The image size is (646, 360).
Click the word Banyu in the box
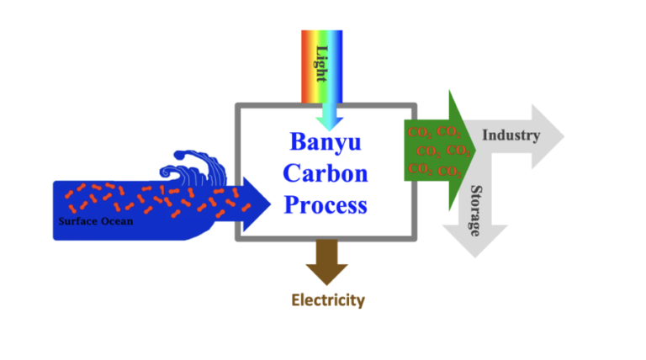point(326,142)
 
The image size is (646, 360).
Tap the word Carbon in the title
point(326,173)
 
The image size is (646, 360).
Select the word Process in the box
point(326,204)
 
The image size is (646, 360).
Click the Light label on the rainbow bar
point(322,64)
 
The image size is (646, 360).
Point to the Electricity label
point(328,300)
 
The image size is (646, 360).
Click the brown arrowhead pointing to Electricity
point(326,274)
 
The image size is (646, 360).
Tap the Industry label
point(511,135)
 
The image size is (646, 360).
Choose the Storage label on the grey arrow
point(476,211)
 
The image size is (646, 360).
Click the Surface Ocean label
point(96,221)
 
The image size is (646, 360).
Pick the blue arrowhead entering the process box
point(256,204)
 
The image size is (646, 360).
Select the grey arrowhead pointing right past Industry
point(547,136)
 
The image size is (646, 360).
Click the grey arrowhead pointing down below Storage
point(475,241)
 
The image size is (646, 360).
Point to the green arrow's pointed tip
point(475,151)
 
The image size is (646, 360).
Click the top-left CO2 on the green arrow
point(420,133)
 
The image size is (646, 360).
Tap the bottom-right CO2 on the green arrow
point(449,171)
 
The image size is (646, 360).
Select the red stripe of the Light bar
point(305,66)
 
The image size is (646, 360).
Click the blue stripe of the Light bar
point(338,66)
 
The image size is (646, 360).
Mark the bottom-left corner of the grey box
point(238,239)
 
